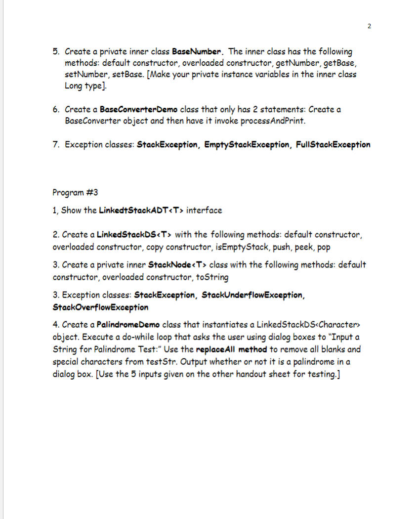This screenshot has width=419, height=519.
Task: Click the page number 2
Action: [x=369, y=26]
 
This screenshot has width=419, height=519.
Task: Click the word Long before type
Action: [x=75, y=86]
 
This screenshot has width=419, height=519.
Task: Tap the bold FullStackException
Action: [x=334, y=144]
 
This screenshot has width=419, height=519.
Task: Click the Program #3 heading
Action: [x=72, y=192]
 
